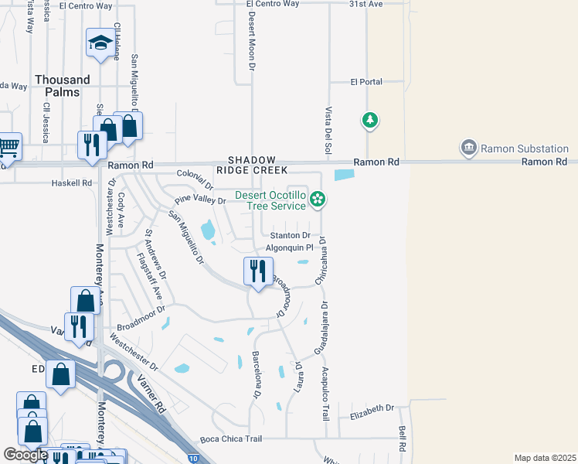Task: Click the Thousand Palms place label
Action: [63, 85]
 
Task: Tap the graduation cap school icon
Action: [100, 45]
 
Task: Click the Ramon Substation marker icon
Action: [468, 147]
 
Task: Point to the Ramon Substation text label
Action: [525, 148]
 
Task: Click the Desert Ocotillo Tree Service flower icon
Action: [317, 200]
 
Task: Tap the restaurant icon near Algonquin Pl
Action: [258, 271]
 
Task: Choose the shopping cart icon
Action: [8, 145]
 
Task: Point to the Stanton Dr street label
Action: [290, 235]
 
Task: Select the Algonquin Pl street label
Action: [289, 248]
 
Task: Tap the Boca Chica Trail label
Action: [231, 438]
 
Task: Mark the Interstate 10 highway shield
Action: [192, 459]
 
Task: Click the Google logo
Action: [25, 455]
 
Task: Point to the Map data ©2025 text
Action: [545, 458]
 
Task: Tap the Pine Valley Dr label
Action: [199, 200]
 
